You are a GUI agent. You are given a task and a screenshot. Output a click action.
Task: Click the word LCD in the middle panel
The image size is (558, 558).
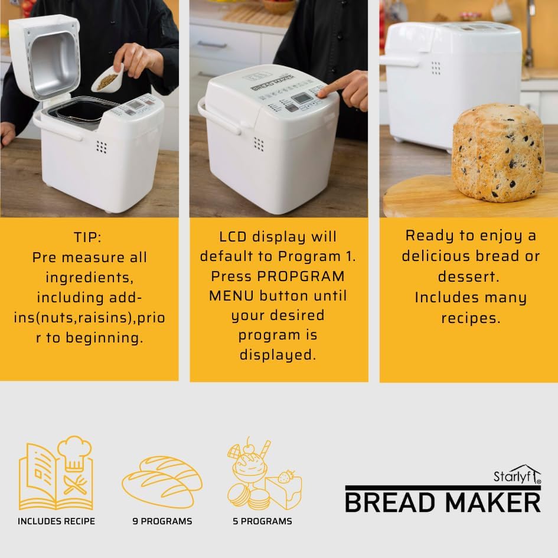230,237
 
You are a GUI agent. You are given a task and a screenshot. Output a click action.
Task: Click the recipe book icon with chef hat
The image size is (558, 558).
56,474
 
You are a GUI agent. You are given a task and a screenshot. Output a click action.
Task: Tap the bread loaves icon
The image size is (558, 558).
162,481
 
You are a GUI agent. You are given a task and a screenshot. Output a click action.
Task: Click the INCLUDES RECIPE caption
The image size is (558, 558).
56,521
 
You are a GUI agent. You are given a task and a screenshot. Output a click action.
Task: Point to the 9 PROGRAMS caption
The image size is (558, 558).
162,521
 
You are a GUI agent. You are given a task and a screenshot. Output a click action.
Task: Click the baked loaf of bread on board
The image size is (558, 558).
497,152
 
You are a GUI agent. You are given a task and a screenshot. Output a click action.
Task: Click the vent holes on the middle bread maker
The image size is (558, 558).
259,144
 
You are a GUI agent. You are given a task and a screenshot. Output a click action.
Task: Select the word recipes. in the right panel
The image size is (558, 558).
471,318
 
